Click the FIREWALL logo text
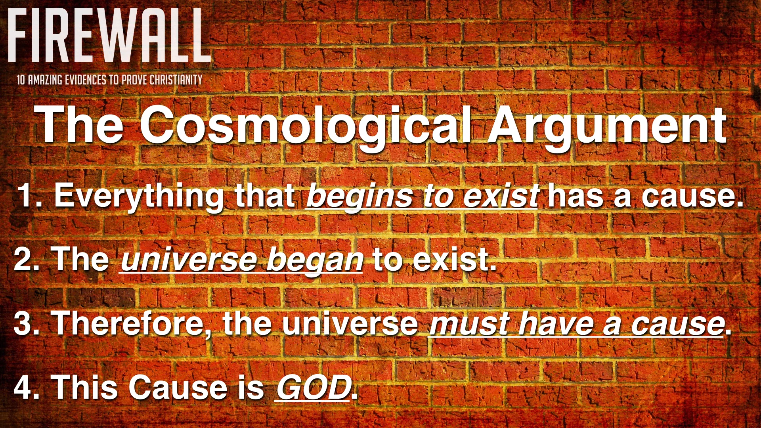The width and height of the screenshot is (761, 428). click(108, 36)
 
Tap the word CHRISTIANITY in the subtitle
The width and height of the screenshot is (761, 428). click(176, 80)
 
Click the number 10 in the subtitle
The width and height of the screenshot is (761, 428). click(21, 80)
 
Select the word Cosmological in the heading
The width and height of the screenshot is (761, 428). click(305, 126)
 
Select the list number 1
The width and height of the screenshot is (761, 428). click(27, 195)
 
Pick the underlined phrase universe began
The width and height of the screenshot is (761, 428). click(242, 260)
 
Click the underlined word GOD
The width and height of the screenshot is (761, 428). click(313, 388)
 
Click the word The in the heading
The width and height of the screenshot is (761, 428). click(79, 126)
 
